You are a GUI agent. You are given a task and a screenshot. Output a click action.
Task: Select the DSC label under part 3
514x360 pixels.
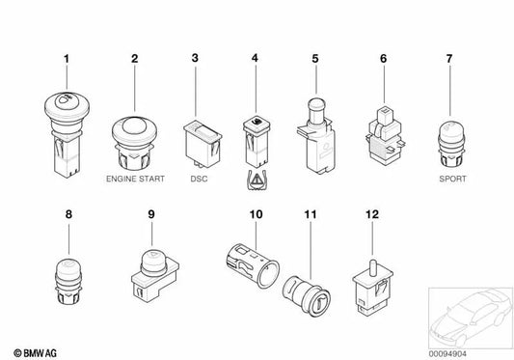coord(197,180)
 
